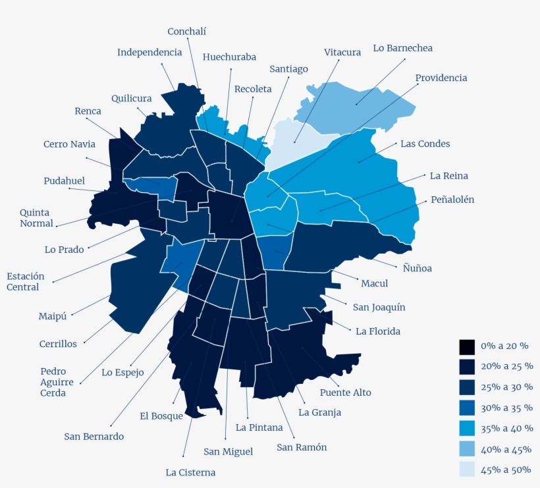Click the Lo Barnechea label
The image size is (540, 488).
402,48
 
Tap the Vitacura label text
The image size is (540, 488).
342,52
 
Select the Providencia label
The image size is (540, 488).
441,78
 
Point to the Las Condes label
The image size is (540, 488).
425,144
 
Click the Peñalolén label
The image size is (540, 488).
452,200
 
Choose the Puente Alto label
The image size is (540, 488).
345,393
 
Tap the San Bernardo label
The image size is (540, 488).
94,436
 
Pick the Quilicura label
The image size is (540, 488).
131,99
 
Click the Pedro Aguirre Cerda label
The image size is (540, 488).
53,382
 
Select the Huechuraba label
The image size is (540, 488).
229,57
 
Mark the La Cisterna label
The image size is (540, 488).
190,472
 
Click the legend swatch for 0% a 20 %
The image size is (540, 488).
466,346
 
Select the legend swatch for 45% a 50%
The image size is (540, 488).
466,469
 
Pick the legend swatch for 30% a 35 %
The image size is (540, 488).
466,408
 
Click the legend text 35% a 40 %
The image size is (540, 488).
506,428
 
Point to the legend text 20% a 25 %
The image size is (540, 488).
506,366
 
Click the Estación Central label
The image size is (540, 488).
23,282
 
